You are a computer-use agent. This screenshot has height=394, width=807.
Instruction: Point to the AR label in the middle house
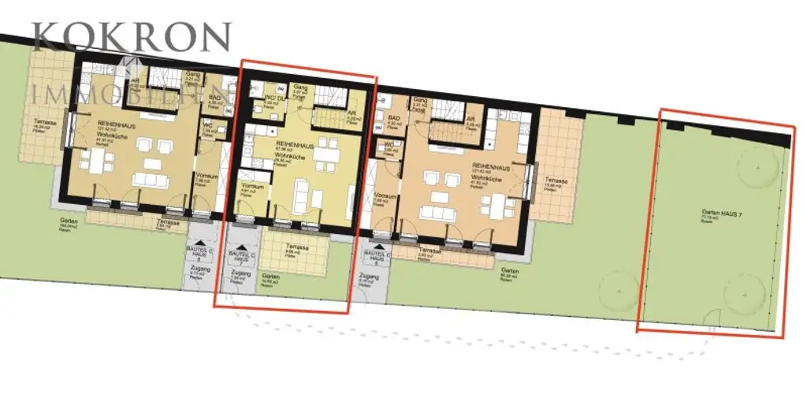pos(351,112)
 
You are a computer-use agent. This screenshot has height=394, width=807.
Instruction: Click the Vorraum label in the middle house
pos(251,186)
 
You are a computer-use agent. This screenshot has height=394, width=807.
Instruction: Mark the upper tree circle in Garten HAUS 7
pos(757,169)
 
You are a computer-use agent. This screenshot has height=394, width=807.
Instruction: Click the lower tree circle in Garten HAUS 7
pos(744,293)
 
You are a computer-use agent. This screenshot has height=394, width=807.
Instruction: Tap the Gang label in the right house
pos(420,102)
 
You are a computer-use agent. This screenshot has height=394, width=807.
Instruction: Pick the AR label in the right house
pos(472,116)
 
